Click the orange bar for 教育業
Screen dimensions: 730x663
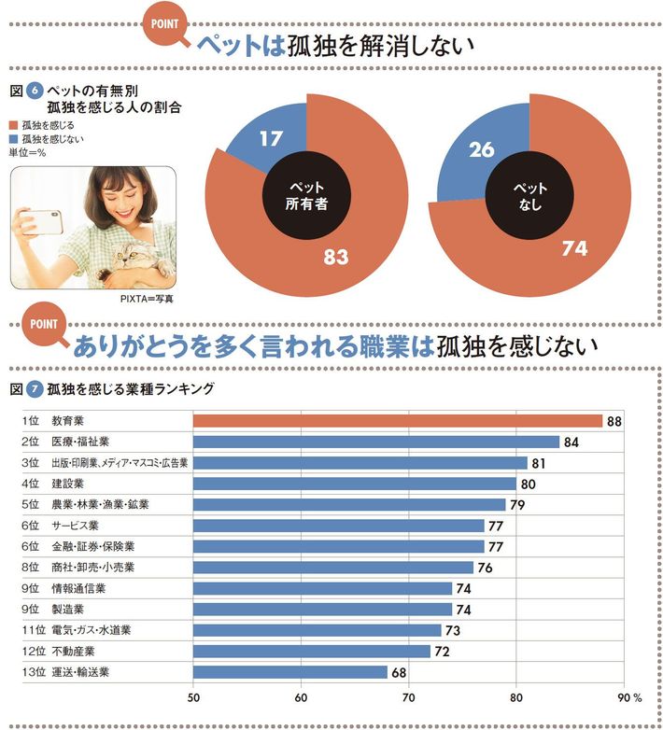(398, 421)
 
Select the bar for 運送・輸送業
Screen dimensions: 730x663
(289, 671)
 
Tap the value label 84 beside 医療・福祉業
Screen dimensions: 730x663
(572, 442)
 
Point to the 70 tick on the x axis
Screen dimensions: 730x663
(409, 696)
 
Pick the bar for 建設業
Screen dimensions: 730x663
(354, 484)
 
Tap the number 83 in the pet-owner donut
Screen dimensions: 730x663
(335, 256)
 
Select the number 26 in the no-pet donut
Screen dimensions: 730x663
(483, 148)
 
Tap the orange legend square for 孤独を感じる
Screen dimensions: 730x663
(12, 124)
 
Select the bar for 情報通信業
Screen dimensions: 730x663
(322, 588)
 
